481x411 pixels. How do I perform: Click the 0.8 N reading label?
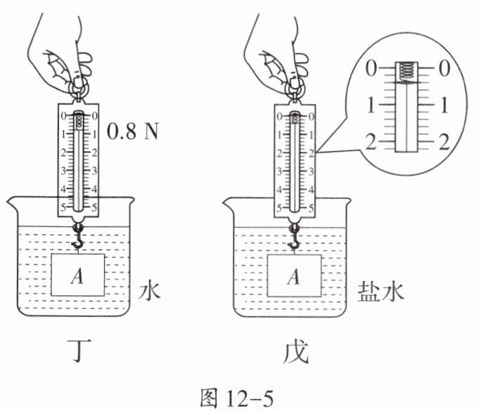(132, 132)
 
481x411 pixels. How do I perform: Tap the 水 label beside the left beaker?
(149, 291)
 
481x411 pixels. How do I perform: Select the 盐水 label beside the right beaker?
(380, 291)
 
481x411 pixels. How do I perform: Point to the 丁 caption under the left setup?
(79, 351)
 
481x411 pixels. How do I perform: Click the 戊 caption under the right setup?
(295, 352)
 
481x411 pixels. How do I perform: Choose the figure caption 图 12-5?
(236, 398)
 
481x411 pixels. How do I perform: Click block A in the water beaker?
(77, 275)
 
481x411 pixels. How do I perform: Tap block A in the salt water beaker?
(295, 275)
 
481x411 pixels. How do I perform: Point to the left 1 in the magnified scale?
(371, 105)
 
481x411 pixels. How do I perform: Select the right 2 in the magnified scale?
(444, 142)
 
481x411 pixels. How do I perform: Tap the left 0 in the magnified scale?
(371, 68)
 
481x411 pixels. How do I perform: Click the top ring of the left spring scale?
(79, 89)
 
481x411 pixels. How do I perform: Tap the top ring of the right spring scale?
(295, 90)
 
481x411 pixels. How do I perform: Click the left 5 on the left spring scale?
(63, 208)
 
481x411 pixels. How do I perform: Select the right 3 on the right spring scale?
(311, 171)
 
